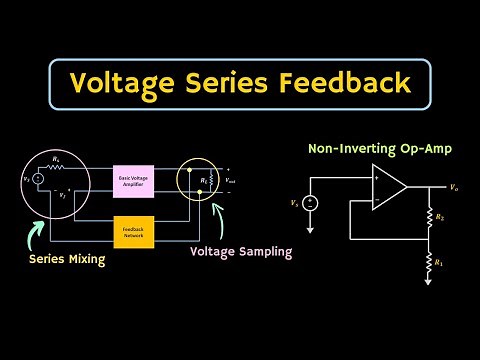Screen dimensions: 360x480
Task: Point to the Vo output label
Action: coord(455,187)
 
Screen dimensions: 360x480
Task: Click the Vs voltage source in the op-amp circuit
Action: coord(311,203)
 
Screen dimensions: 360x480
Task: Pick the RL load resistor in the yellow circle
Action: coord(211,181)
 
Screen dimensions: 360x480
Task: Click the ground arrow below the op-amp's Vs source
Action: coord(311,230)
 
